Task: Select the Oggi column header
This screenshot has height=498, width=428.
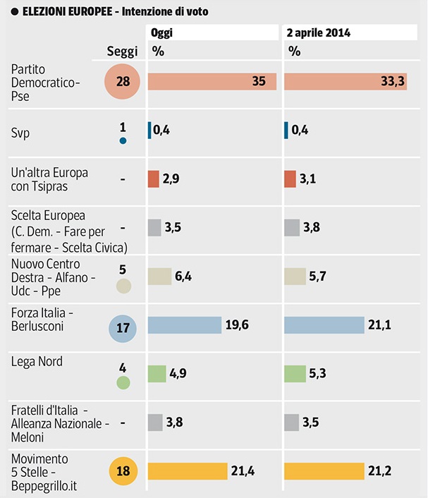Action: (x=163, y=33)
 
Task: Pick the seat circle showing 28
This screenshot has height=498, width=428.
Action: (x=123, y=82)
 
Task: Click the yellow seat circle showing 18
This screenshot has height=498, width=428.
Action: (x=123, y=471)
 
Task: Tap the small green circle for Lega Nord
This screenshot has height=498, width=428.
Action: (x=123, y=383)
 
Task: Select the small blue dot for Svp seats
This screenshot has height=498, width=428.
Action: (x=123, y=141)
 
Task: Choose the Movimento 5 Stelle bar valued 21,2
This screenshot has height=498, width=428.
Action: (x=334, y=470)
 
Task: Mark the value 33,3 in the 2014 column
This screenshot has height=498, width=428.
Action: (x=393, y=82)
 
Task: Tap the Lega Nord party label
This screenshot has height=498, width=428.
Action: (x=37, y=362)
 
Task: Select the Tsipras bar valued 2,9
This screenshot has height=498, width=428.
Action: (x=154, y=179)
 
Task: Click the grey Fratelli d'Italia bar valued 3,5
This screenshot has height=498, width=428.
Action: (x=292, y=422)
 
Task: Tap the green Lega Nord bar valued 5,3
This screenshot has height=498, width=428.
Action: (x=295, y=373)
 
